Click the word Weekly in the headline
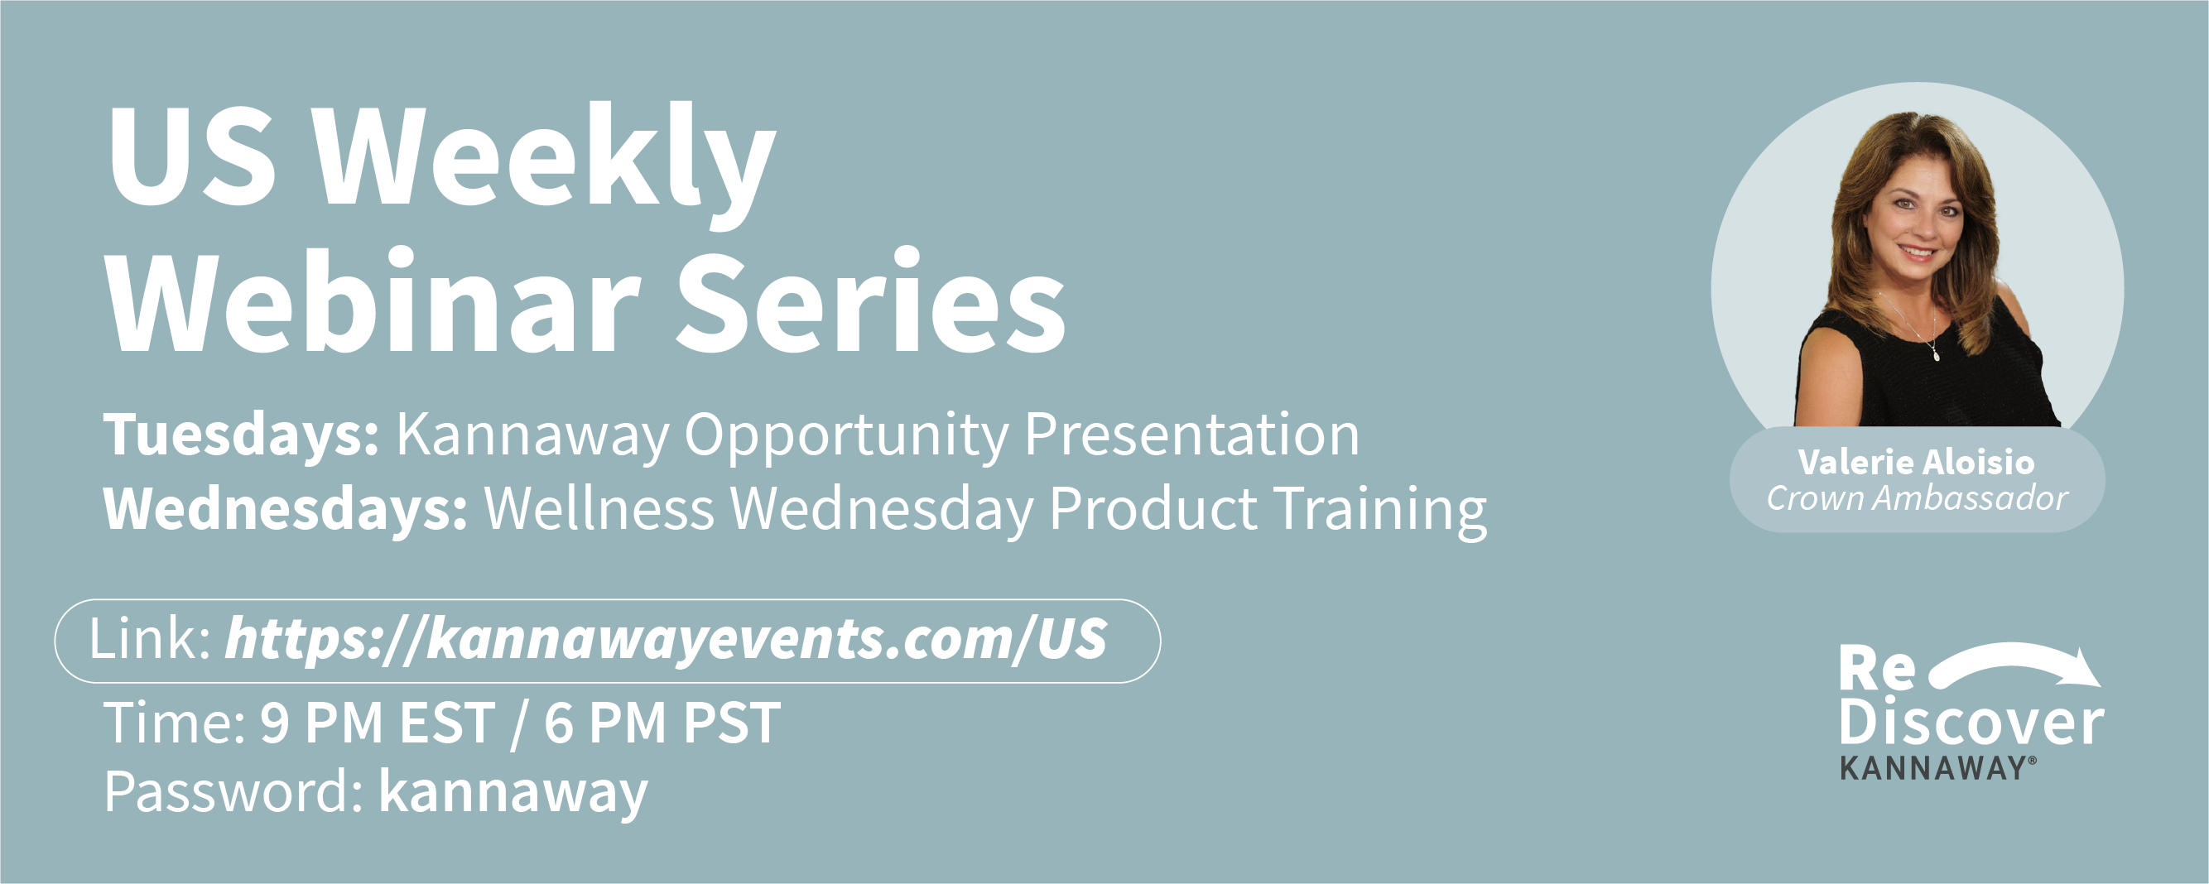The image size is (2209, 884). [x=544, y=163]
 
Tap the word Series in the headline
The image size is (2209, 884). [x=872, y=300]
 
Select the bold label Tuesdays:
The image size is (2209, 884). [x=241, y=435]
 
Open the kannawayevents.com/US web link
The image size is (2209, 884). [x=667, y=640]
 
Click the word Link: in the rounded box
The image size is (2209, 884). [x=150, y=639]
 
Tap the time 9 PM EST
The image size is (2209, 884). [x=378, y=723]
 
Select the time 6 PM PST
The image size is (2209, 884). [x=662, y=723]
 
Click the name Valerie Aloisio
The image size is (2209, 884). [x=1917, y=462]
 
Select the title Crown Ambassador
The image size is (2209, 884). [x=1918, y=498]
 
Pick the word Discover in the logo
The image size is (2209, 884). [x=1971, y=722]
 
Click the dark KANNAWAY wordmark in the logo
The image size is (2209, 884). [x=1937, y=768]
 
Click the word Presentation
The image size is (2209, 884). [x=1192, y=435]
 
